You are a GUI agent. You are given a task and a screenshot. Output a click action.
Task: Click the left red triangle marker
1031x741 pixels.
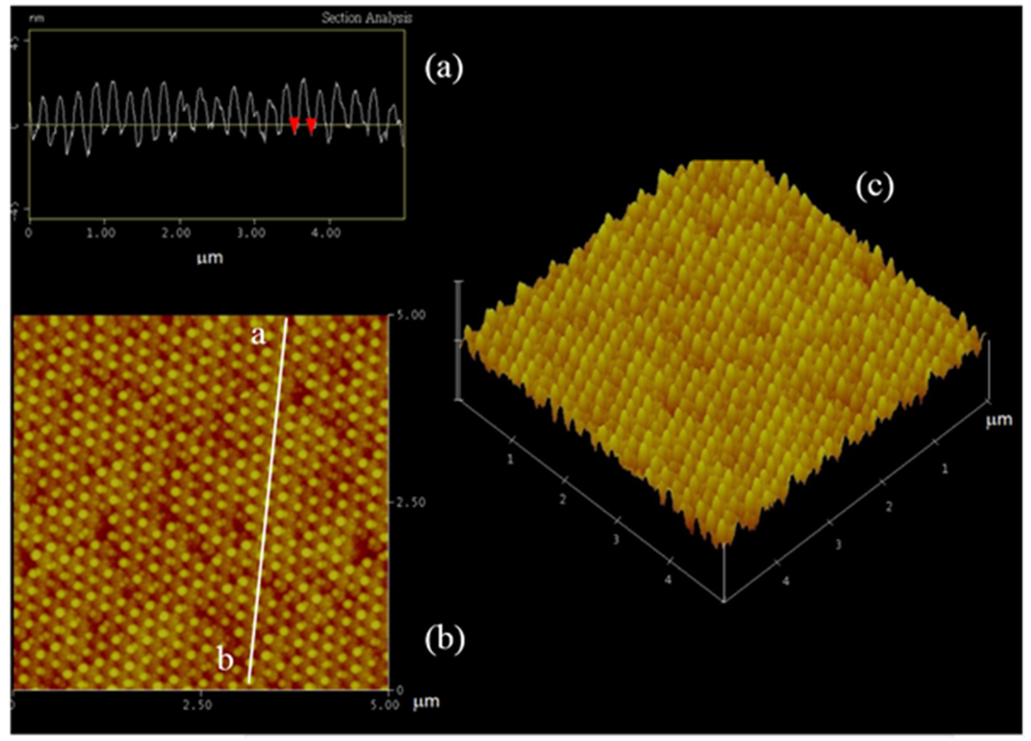[x=294, y=124]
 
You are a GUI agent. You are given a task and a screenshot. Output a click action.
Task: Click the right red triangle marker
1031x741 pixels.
[x=311, y=125]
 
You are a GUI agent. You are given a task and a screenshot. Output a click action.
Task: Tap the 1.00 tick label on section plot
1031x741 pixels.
[x=101, y=233]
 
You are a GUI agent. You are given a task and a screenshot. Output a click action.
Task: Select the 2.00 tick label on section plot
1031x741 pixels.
[x=176, y=233]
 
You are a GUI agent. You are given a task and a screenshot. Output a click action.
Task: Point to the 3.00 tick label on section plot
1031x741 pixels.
[x=251, y=233]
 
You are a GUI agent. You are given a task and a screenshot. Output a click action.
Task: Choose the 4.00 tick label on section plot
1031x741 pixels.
[x=326, y=233]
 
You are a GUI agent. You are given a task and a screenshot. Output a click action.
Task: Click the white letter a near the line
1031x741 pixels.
[x=258, y=335]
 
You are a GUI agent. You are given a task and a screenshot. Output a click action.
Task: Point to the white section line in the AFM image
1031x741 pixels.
[x=268, y=500]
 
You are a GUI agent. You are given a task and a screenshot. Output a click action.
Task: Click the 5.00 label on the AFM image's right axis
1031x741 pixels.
[x=411, y=315]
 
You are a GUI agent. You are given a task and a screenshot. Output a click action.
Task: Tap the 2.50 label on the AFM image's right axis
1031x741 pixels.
[x=411, y=503]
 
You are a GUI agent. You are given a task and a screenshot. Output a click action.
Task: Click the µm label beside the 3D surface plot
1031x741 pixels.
[x=999, y=420]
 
